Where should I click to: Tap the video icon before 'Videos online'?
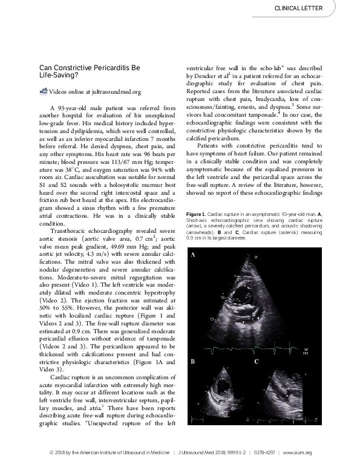[43, 91]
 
